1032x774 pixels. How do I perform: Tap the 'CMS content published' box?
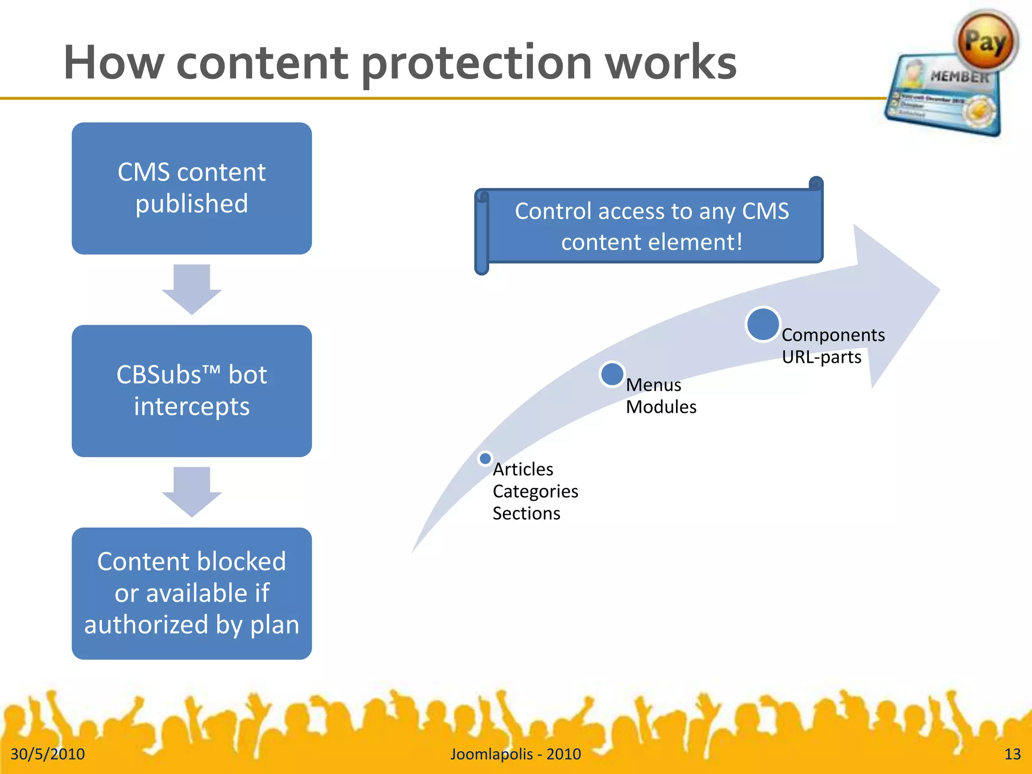click(191, 188)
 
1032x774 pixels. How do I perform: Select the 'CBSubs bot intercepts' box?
click(191, 391)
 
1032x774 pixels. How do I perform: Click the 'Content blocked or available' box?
click(191, 593)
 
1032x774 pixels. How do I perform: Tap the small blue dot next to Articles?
click(485, 459)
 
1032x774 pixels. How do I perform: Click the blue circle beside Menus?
click(612, 374)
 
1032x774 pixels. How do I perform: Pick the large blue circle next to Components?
click(763, 325)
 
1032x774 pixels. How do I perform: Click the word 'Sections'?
click(526, 513)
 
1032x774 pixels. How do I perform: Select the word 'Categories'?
click(535, 491)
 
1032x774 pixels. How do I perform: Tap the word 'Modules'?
click(661, 407)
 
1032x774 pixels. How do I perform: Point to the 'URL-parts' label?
click(821, 357)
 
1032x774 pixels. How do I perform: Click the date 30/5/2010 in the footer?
click(48, 754)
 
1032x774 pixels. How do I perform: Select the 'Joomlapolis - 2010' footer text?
click(515, 754)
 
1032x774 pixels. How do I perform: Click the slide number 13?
click(1012, 754)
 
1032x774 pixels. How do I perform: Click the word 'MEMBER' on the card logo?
click(959, 77)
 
